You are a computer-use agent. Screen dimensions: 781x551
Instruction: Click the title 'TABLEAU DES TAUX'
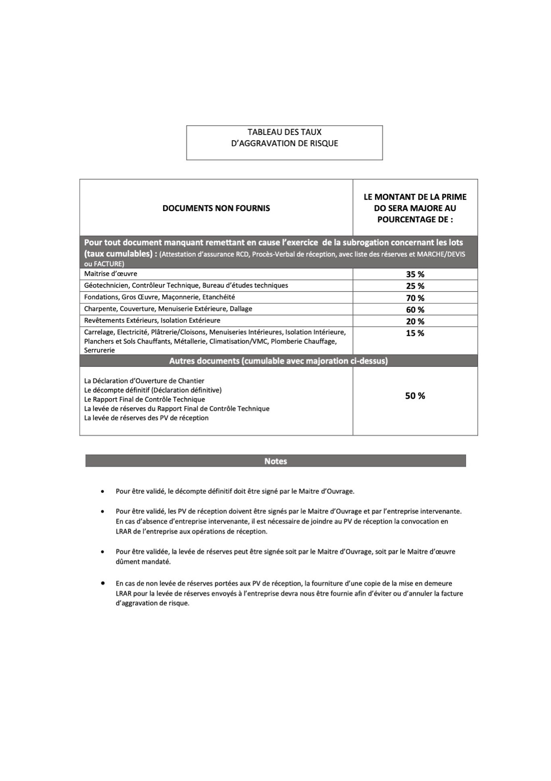point(284,132)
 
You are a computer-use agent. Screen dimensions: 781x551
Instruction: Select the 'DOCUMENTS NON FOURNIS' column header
point(216,208)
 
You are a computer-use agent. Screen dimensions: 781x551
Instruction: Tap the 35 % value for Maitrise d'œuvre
point(415,274)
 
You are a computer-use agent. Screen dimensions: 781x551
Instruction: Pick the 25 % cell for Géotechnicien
point(415,286)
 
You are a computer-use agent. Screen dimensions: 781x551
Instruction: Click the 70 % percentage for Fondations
point(415,298)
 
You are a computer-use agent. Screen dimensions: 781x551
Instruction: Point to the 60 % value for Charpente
point(415,309)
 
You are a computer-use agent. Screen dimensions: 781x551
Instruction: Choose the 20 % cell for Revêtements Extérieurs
point(415,321)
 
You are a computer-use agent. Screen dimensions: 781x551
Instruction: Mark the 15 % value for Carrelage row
point(415,333)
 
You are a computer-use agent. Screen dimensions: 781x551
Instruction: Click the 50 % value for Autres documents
point(415,396)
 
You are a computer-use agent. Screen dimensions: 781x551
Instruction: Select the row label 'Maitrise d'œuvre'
point(111,274)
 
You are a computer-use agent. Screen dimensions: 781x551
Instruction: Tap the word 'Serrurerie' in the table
point(100,350)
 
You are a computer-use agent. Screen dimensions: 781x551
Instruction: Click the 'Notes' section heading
point(276,461)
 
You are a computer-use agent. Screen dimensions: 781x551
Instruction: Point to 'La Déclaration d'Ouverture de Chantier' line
point(144,381)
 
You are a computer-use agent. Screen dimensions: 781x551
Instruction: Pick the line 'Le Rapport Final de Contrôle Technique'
point(145,399)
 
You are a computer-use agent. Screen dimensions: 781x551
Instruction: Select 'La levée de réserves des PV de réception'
point(146,418)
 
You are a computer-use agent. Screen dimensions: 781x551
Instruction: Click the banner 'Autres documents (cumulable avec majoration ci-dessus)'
point(278,361)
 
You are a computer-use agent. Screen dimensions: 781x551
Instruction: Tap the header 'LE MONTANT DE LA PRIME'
point(415,197)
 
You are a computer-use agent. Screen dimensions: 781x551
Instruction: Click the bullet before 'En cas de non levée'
point(103,582)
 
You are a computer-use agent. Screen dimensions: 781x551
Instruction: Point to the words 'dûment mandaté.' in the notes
point(143,562)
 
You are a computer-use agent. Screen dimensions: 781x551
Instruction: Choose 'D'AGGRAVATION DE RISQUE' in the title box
point(284,143)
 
